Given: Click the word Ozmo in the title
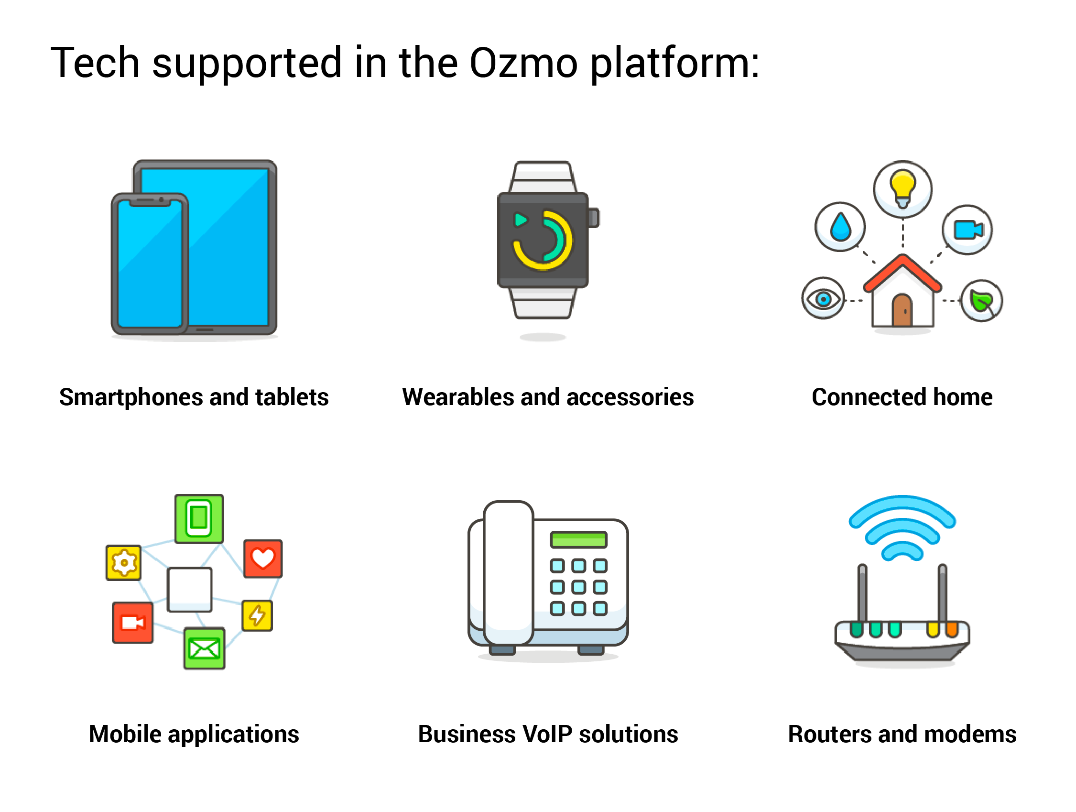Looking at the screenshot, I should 523,63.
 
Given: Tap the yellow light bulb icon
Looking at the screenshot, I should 902,187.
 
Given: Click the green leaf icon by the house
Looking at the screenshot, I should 981,301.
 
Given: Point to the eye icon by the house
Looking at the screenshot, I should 823,298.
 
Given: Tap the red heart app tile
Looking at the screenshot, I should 263,558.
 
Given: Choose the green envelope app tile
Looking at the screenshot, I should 204,648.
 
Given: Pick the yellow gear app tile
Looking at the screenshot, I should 123,562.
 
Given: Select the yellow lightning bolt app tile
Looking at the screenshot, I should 257,615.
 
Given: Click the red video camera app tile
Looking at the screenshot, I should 132,623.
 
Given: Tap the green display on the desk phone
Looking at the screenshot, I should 578,539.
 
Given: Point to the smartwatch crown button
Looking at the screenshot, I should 594,218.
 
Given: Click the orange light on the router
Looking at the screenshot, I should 951,629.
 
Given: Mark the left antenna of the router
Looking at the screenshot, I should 862,593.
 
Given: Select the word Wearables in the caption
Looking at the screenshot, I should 458,397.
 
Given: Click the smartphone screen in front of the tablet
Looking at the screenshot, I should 150,263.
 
